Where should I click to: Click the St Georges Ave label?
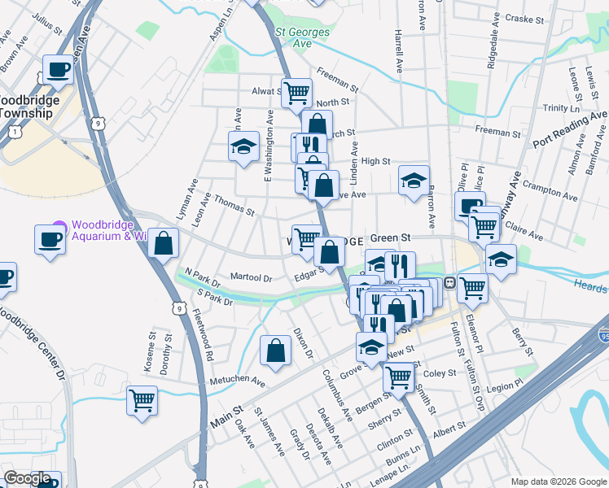[293, 37]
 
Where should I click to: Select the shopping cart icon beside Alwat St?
[296, 92]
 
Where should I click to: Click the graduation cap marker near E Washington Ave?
[242, 147]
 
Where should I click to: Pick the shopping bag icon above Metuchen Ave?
[276, 350]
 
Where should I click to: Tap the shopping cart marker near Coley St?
[398, 377]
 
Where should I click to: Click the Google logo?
[28, 478]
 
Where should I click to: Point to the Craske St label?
[524, 17]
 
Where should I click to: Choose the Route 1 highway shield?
[14, 132]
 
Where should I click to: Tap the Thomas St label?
[235, 206]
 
